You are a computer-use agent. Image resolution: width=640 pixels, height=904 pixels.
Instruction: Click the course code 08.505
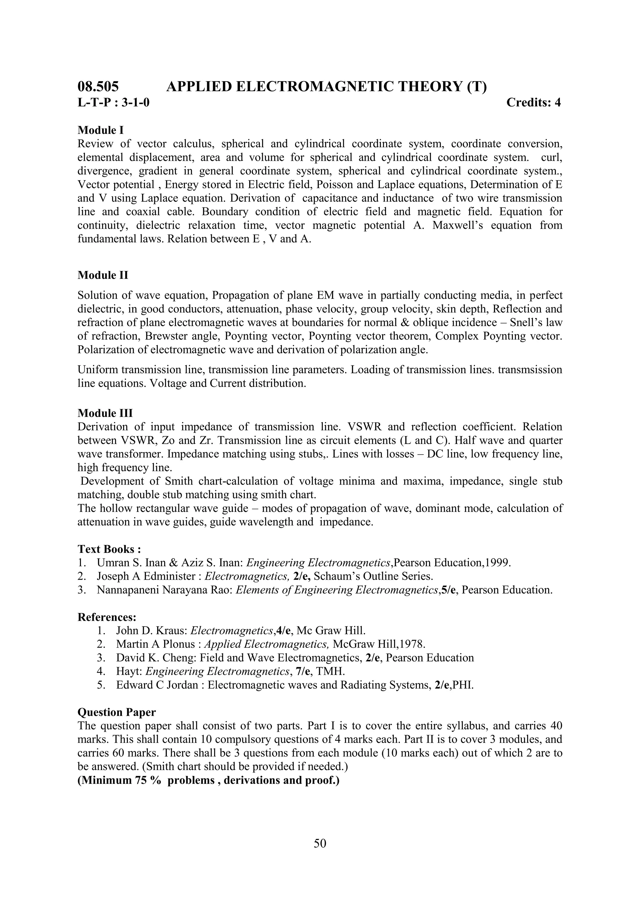coord(98,86)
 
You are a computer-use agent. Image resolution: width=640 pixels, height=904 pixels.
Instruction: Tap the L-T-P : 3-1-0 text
coord(113,102)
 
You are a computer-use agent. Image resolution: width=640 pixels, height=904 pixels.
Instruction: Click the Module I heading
coord(101,130)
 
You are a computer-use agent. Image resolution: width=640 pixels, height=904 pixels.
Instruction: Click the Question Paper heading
coord(117,712)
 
